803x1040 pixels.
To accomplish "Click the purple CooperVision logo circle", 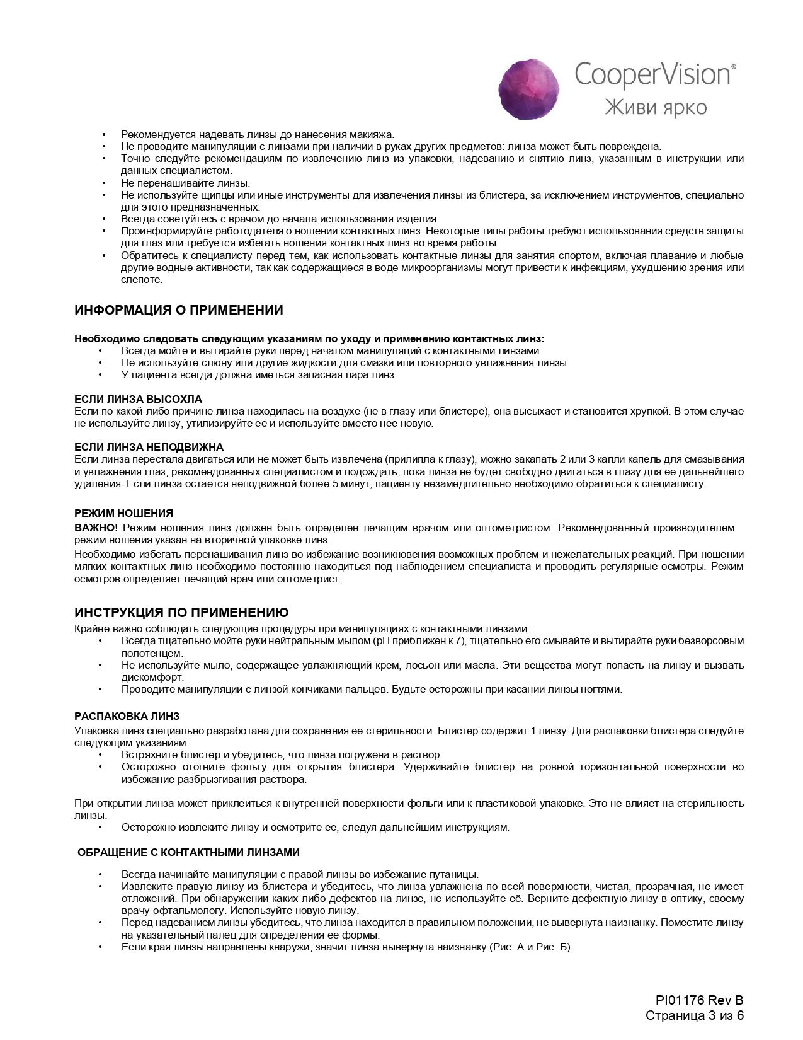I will pos(528,90).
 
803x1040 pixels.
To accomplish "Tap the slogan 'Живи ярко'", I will pos(655,106).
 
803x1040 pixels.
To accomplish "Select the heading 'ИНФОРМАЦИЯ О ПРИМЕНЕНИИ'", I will pos(179,310).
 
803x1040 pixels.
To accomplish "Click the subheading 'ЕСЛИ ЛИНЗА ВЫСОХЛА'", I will pos(138,400).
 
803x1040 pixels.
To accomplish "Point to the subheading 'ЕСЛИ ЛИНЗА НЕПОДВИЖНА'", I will pos(149,448).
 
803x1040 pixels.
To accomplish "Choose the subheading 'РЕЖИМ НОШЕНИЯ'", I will pos(123,513).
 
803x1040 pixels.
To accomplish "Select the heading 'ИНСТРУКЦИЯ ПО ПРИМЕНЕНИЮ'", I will pos(181,613).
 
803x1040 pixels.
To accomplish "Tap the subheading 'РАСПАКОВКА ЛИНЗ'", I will pos(127,717).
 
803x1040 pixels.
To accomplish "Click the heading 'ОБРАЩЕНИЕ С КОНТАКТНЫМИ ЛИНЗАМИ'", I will pos(188,852).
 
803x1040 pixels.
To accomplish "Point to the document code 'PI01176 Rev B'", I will pos(699,1000).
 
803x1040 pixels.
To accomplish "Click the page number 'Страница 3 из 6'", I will pos(695,1015).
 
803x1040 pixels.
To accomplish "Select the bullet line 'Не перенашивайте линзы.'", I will pos(185,183).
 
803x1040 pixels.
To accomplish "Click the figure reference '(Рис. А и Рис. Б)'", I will pos(530,947).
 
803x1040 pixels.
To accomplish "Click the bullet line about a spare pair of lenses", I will pos(258,375).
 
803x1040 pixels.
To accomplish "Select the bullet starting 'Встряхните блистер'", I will pos(280,754).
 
